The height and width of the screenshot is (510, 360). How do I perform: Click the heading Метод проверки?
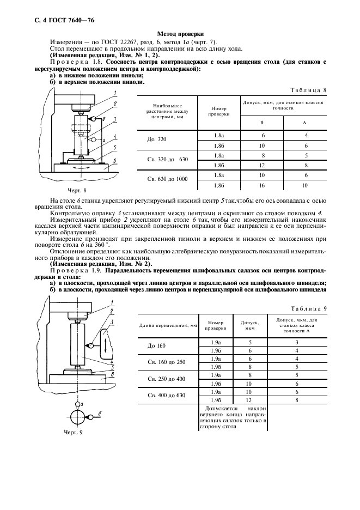click(x=180, y=34)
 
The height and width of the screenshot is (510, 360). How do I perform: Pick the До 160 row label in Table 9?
click(x=156, y=346)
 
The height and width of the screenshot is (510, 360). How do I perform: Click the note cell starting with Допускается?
click(x=233, y=418)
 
